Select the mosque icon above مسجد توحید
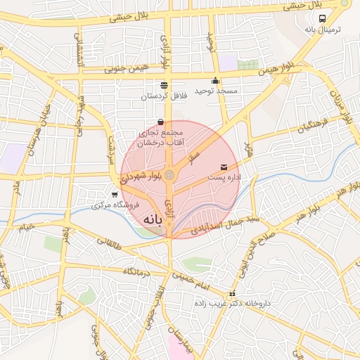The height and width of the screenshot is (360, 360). (215, 80)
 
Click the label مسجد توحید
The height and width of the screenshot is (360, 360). (216, 91)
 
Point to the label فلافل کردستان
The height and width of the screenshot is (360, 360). (162, 96)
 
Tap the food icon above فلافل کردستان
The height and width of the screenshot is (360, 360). (164, 85)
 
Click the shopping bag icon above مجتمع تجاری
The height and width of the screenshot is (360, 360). (161, 122)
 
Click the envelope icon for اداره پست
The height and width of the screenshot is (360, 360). (224, 167)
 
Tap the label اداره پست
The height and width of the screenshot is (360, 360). (224, 179)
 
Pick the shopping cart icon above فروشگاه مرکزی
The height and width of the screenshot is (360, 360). (115, 194)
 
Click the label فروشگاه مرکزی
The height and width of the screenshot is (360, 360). (116, 205)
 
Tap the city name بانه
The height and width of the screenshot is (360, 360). (157, 220)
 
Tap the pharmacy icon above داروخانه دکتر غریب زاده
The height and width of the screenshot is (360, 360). (232, 294)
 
